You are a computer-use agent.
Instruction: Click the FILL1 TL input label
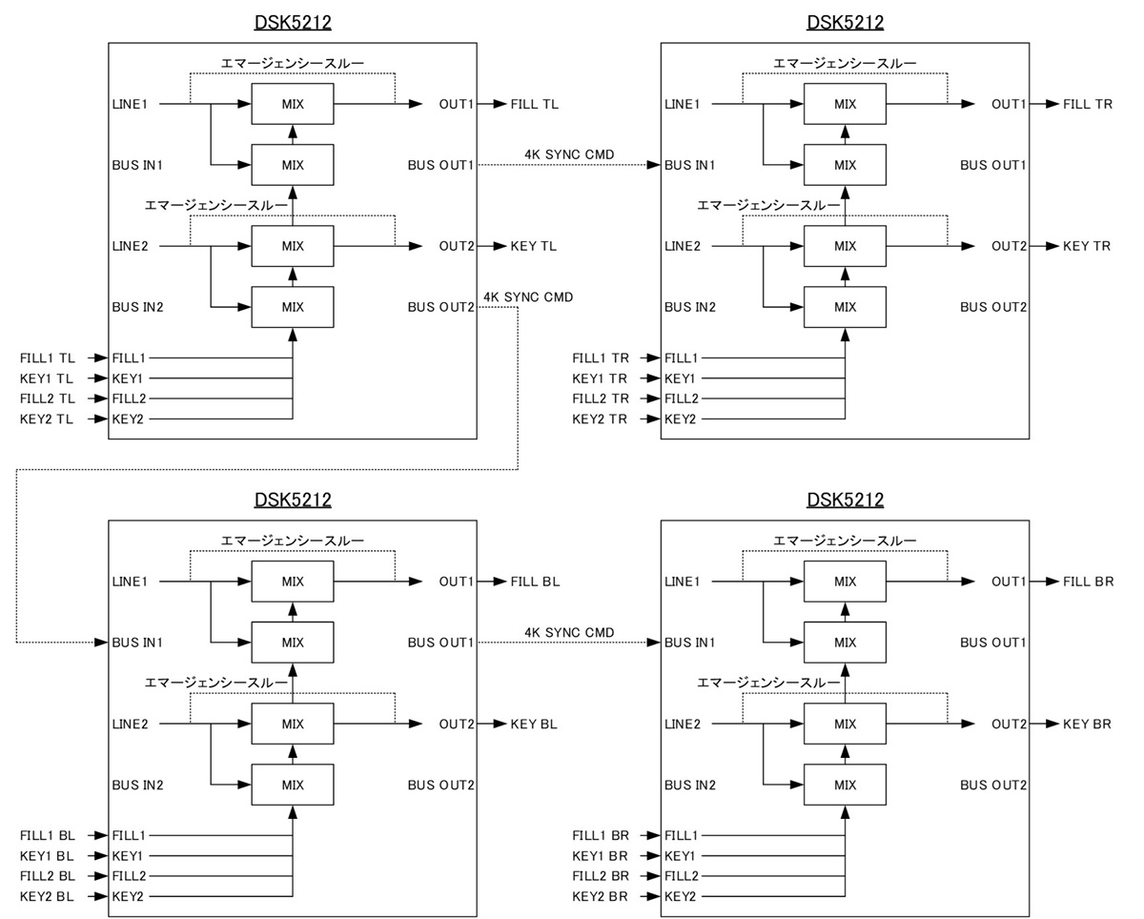(x=48, y=358)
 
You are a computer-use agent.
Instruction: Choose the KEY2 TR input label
(x=600, y=419)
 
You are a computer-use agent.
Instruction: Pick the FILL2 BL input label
(x=48, y=876)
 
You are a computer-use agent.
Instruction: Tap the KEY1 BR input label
(x=600, y=856)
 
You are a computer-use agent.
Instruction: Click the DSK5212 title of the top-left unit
(x=293, y=22)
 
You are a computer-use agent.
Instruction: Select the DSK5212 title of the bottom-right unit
(x=846, y=500)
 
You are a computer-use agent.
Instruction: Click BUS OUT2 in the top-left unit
(x=440, y=307)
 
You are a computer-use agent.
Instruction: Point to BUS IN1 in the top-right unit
(x=691, y=165)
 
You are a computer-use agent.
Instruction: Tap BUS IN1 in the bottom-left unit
(x=138, y=643)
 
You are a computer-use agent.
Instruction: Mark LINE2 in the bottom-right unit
(x=683, y=725)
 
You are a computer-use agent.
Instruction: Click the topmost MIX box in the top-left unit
(x=293, y=104)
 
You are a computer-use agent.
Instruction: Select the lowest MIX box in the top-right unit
(x=846, y=307)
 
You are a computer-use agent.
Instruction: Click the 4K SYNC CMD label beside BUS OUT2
(x=529, y=296)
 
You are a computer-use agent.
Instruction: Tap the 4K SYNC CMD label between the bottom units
(x=569, y=632)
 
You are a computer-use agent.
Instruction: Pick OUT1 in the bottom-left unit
(x=456, y=582)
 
